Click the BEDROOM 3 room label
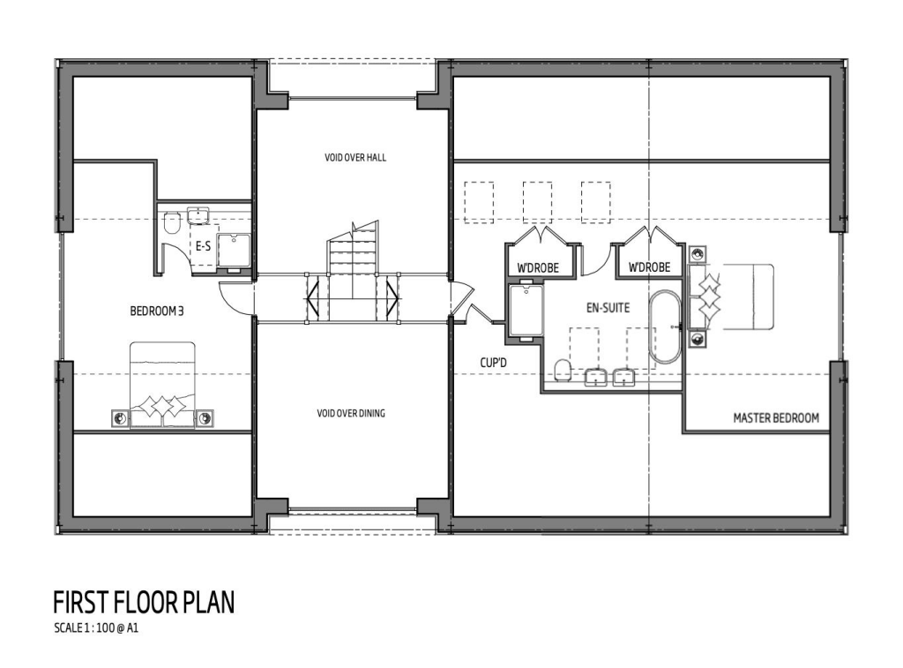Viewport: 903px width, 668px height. pyautogui.click(x=156, y=311)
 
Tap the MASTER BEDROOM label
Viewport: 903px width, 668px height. pyautogui.click(x=776, y=418)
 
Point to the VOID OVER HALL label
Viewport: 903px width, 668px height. pyautogui.click(x=355, y=158)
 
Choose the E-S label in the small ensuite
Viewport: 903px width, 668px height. pyautogui.click(x=203, y=247)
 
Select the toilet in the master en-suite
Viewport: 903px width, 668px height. pyautogui.click(x=562, y=368)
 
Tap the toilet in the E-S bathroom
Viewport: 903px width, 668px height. pyautogui.click(x=172, y=224)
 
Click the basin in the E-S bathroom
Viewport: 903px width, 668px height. pyautogui.click(x=197, y=215)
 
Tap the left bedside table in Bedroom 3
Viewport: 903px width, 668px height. pyautogui.click(x=118, y=417)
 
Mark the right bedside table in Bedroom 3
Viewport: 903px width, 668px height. pyautogui.click(x=205, y=417)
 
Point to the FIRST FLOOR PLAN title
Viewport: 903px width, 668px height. pyautogui.click(x=144, y=603)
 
